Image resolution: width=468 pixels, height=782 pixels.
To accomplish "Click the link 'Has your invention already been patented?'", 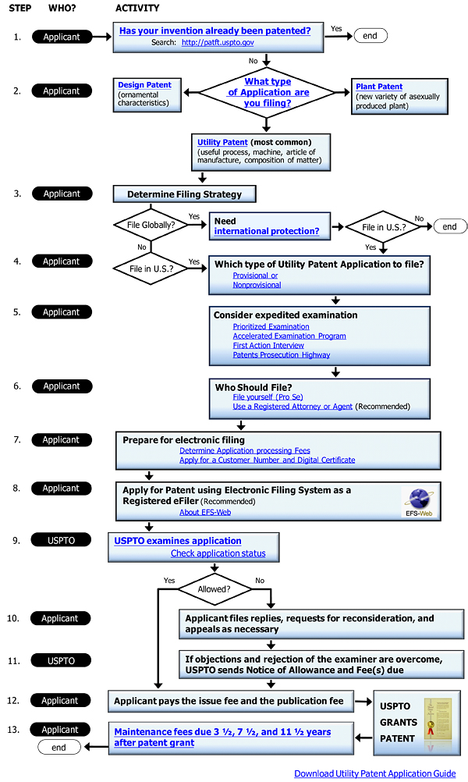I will (x=214, y=31).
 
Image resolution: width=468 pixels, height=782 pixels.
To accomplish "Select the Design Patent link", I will (x=144, y=85).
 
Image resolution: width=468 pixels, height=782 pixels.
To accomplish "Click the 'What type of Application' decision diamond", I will (x=268, y=92).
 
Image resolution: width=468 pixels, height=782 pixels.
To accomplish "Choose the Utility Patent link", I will (x=222, y=143).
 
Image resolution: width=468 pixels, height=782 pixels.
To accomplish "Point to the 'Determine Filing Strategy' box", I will (x=184, y=194).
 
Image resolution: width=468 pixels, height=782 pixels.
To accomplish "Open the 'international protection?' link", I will (x=267, y=232).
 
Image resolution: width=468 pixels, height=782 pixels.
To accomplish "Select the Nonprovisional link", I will (x=257, y=286).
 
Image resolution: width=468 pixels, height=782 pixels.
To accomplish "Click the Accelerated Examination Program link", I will (x=289, y=336).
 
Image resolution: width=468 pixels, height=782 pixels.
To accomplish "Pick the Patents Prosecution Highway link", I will (x=281, y=355).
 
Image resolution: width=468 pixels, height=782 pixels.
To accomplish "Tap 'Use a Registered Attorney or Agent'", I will (x=292, y=407).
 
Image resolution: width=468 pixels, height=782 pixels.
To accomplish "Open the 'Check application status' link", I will (x=218, y=553).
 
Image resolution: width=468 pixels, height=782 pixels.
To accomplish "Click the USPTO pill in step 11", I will (x=61, y=661).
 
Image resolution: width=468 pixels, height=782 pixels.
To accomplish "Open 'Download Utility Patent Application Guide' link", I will (x=374, y=773).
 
